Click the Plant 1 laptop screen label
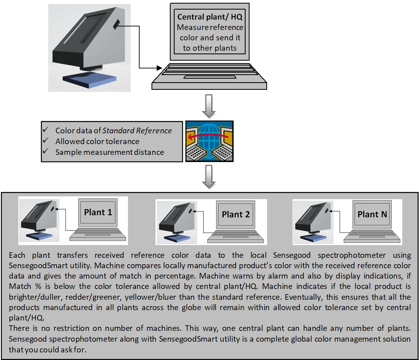point(98,212)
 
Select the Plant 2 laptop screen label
point(236,214)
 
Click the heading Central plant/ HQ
point(210,17)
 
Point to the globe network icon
point(209,141)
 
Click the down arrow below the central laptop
point(209,105)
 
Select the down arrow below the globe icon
point(209,177)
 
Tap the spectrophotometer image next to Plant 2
point(175,222)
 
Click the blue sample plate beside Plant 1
point(39,236)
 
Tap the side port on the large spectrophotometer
point(116,25)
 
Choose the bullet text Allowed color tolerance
point(97,141)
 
